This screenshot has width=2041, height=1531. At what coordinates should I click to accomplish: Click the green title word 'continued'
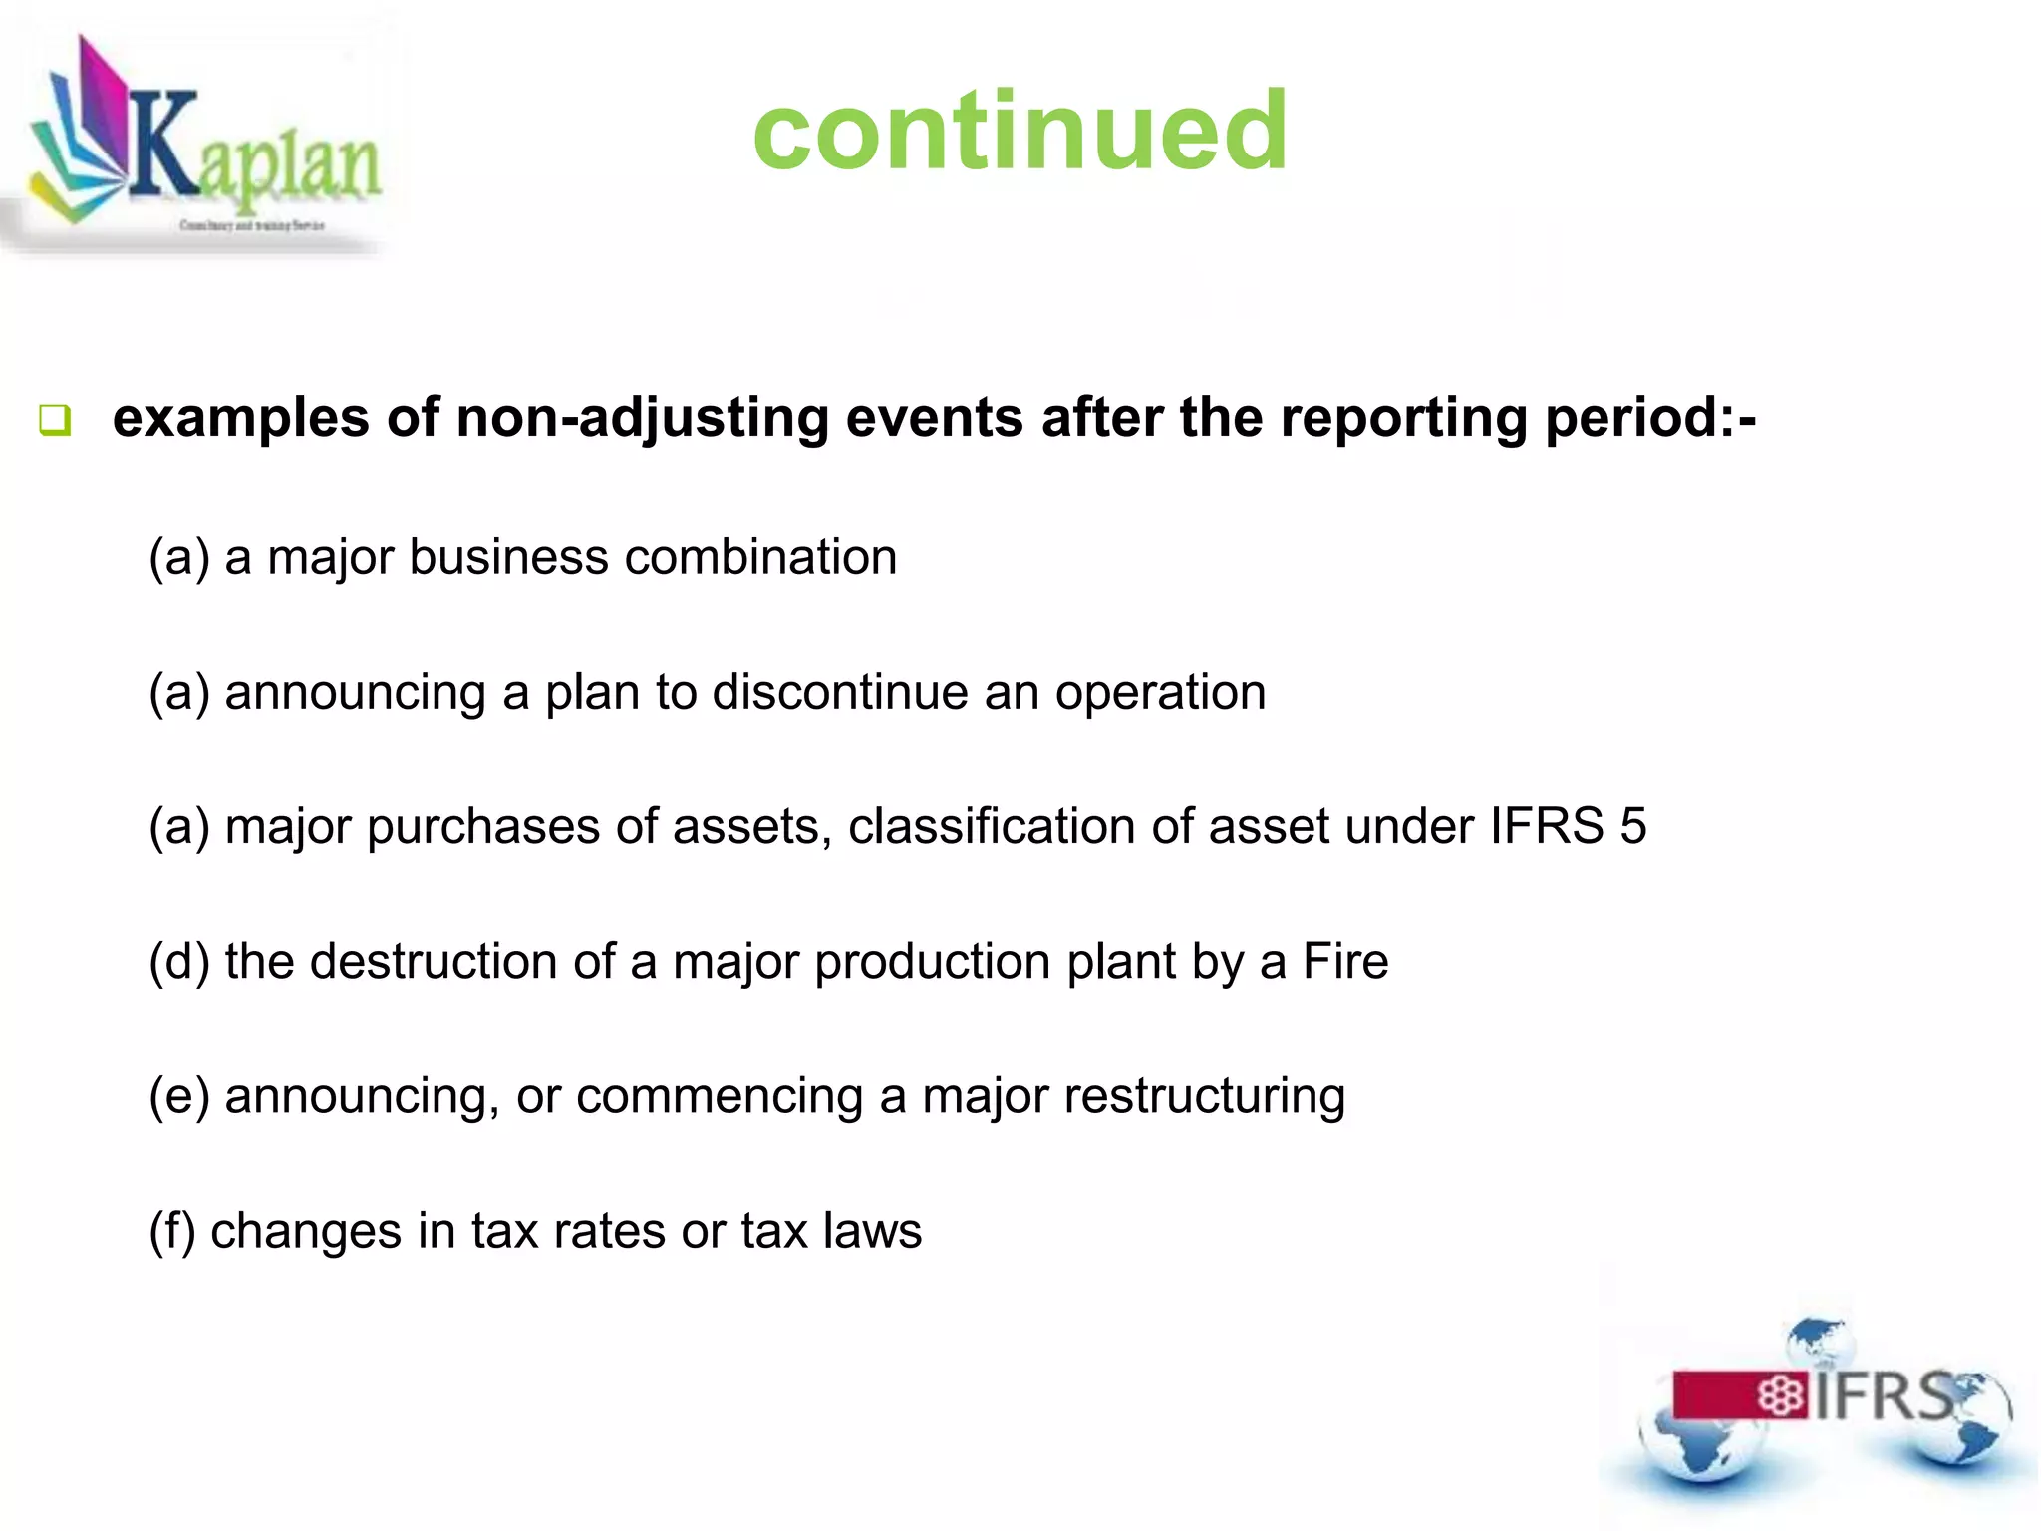[x=1020, y=131]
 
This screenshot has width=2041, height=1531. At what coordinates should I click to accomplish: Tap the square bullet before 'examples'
[x=55, y=420]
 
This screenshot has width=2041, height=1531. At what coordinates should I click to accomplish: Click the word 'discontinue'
[x=839, y=691]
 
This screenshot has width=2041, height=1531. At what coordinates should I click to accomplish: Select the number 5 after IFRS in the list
[x=1632, y=826]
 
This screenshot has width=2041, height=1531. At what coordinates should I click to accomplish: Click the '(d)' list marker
[x=179, y=962]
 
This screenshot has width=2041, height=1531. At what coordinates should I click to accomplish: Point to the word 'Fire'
[x=1344, y=961]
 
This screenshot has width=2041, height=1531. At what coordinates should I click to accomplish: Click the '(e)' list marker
[x=179, y=1096]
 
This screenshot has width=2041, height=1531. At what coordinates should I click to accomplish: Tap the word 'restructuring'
[x=1204, y=1097]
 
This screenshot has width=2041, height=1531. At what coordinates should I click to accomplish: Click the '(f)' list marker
[x=171, y=1231]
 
